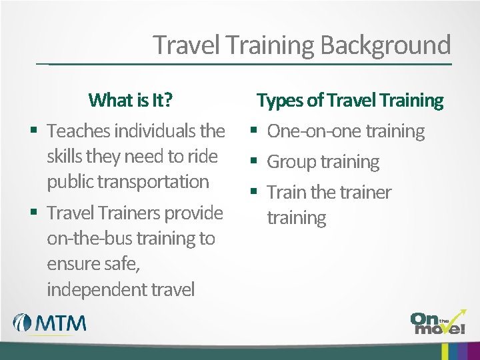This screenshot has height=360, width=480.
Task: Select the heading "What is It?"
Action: pos(130,100)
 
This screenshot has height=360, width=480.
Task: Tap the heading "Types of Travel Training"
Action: pos(350,100)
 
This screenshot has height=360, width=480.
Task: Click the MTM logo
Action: pos(50,323)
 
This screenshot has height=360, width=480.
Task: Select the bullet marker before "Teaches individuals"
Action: pos(33,131)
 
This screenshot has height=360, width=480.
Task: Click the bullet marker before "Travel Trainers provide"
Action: pos(33,213)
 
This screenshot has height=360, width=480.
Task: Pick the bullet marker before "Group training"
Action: pos(253,162)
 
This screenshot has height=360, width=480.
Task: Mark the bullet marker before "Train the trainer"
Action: pos(253,193)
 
